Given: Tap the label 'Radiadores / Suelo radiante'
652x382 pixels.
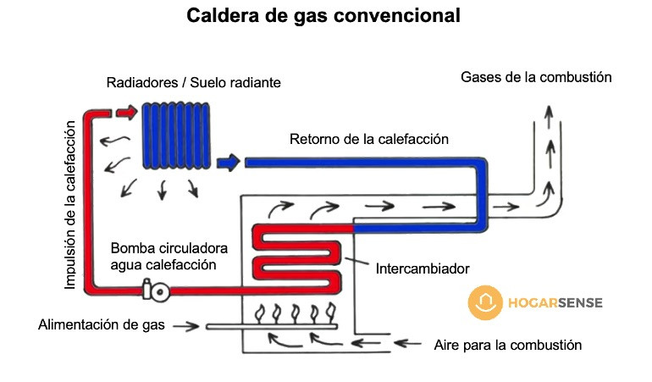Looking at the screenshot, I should point(193,83).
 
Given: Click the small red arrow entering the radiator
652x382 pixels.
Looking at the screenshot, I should point(125,111).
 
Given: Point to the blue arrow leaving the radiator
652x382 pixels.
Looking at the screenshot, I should point(228,161).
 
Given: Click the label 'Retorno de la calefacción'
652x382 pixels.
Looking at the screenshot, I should point(368,139).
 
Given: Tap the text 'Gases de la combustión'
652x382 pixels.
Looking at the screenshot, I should point(536,77).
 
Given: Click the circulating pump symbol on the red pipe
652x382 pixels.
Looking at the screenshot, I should point(157,291).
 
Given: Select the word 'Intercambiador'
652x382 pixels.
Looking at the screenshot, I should point(422,269).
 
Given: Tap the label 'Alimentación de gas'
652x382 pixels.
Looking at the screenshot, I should point(101,325).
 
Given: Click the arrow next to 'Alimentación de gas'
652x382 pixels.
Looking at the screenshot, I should point(189,326).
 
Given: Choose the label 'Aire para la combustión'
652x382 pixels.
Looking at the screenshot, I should point(507,345).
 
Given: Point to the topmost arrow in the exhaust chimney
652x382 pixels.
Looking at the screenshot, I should point(549,113).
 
